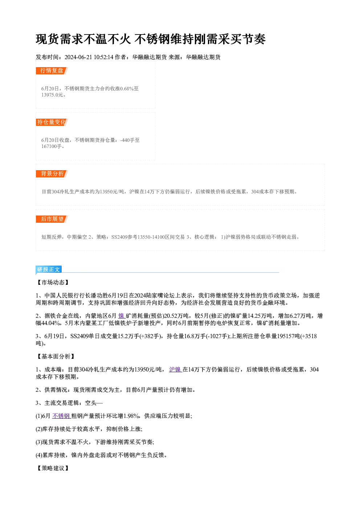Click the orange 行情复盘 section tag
(x=52, y=71)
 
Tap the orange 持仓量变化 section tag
(x=52, y=122)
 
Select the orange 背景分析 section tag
(x=52, y=174)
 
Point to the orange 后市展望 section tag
(x=52, y=219)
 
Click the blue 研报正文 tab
(x=49, y=270)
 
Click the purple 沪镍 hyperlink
(x=175, y=370)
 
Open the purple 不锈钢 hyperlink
(x=61, y=416)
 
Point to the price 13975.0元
(x=52, y=95)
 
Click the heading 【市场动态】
(x=53, y=283)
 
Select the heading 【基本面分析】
(x=56, y=357)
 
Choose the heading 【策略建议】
(x=53, y=468)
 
